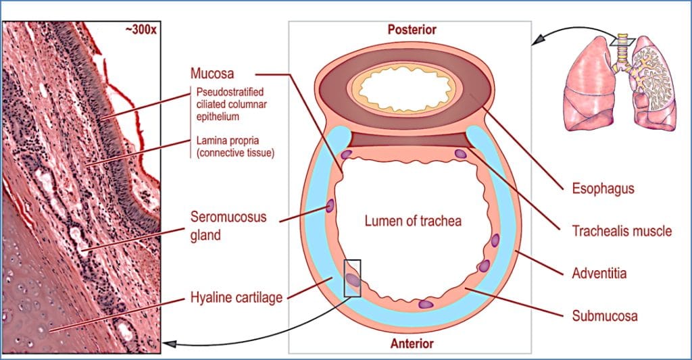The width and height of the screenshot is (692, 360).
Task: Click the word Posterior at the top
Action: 412,29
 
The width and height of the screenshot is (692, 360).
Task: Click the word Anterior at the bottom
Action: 412,343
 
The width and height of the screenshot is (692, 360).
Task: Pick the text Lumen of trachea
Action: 413,221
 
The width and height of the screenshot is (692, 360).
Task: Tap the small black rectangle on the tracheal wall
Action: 352,278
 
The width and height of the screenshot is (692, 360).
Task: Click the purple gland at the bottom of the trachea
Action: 425,305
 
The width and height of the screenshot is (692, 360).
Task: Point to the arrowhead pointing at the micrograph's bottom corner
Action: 171,344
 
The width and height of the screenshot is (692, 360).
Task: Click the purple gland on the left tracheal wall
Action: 331,206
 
